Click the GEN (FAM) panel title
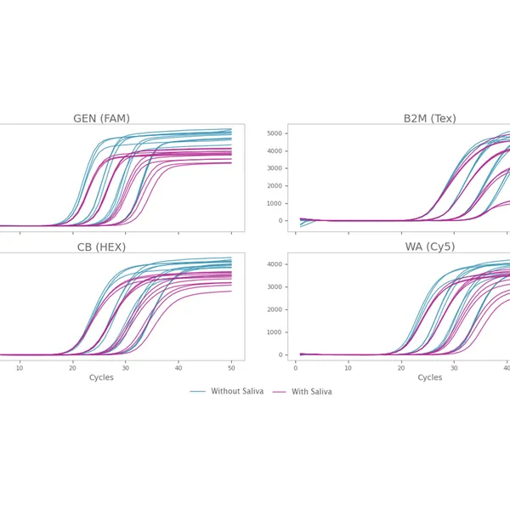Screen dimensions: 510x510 point(101,118)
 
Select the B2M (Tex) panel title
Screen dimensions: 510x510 point(429,118)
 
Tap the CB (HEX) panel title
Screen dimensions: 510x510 point(101,247)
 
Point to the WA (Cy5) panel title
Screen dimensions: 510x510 point(429,247)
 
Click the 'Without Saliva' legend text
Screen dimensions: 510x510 point(237,392)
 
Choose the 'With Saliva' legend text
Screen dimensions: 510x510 point(311,392)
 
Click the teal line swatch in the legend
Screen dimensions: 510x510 point(198,392)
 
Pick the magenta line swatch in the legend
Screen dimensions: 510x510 point(278,392)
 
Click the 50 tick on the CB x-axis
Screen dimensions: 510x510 point(231,367)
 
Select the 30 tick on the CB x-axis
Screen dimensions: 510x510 point(125,367)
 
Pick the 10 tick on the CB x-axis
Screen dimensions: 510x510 point(20,367)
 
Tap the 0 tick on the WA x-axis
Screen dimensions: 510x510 point(295,367)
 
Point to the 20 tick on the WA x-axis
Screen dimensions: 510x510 point(401,367)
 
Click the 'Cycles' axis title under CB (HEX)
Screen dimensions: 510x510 point(101,378)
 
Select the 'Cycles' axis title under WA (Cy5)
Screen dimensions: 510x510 point(429,378)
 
